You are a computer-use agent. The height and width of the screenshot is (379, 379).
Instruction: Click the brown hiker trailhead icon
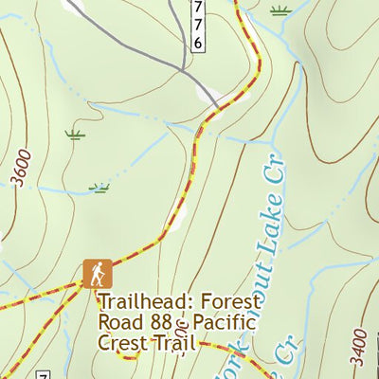pos(97,274)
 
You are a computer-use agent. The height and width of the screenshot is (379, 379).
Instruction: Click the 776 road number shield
pos(197,26)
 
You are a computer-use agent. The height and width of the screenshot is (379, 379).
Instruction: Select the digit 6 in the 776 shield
pos(197,44)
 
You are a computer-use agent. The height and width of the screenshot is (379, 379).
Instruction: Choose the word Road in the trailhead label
pos(117,322)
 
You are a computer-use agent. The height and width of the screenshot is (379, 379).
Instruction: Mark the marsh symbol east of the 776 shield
pos(279,11)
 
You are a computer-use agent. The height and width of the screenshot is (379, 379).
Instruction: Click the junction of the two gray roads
pos(181,68)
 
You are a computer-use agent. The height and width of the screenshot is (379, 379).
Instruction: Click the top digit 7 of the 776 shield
pos(197,9)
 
